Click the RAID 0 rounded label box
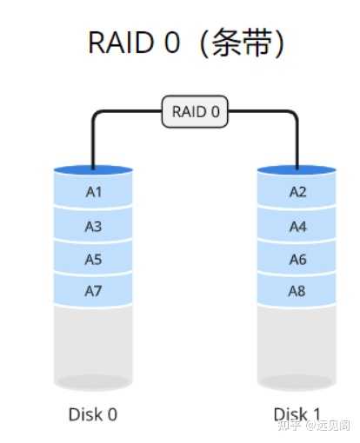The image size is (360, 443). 195,112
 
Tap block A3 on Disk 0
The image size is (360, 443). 93,226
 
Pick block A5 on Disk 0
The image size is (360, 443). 93,259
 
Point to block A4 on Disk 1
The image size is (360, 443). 297,226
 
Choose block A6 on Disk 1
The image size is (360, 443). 297,259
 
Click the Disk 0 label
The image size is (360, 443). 93,414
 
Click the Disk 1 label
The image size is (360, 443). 297,414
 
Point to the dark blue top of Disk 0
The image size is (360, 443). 93,170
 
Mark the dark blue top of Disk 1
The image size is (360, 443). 297,170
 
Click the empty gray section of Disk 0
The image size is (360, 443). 93,343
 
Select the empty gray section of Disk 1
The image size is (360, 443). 297,343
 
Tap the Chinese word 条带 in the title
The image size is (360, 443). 237,43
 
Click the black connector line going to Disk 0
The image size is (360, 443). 93,139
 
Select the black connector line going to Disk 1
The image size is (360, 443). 297,139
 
